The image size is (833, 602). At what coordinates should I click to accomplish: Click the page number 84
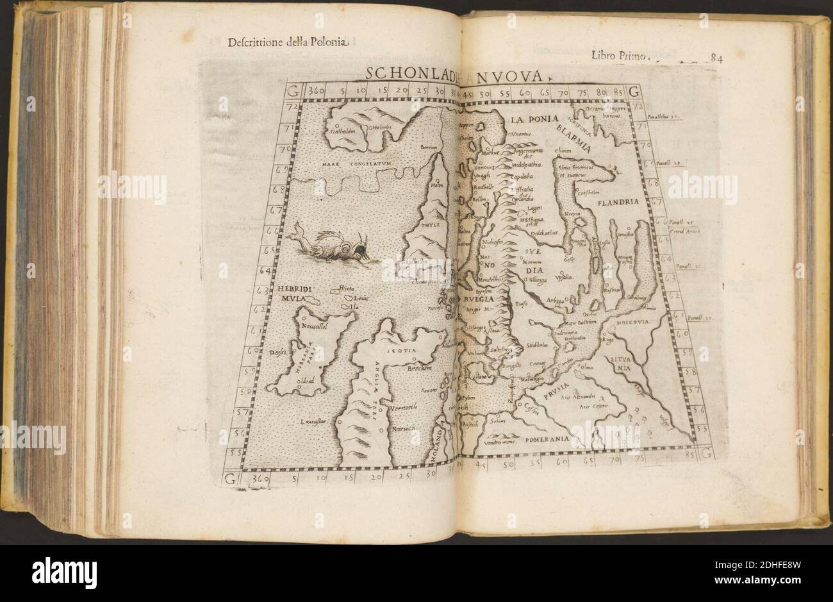(x=716, y=58)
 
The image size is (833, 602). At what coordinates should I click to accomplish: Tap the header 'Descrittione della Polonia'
(x=288, y=44)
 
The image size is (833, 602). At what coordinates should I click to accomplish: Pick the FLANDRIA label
(x=619, y=203)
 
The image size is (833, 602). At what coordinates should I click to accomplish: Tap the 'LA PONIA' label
(x=536, y=119)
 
